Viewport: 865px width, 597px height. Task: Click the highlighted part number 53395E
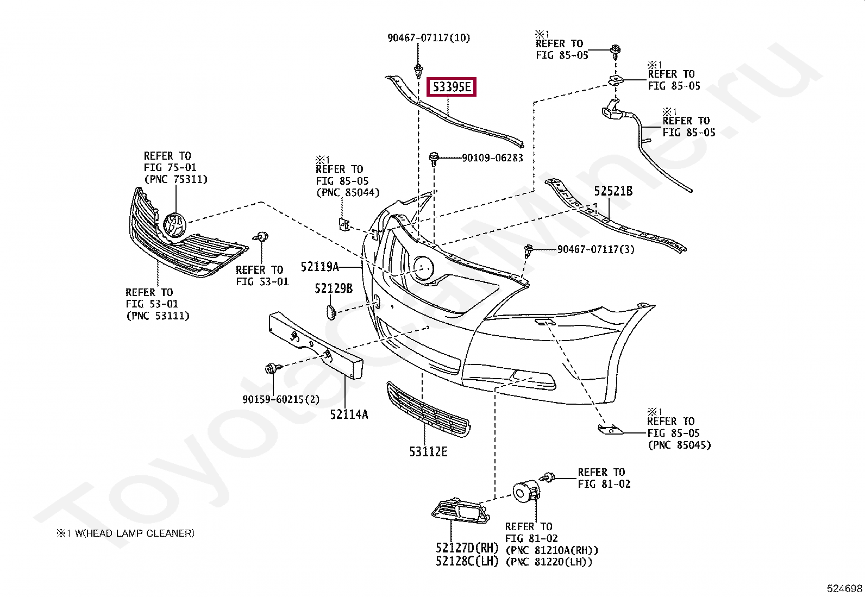[452, 87]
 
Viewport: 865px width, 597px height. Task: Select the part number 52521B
[613, 191]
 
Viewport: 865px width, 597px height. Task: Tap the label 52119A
[319, 267]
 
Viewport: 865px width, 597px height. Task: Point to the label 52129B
[334, 288]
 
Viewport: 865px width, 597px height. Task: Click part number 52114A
[349, 414]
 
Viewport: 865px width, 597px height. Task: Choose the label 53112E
[428, 451]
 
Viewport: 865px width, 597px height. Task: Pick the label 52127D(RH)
[467, 548]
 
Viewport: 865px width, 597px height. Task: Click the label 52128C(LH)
[467, 561]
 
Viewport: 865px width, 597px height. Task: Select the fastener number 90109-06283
[492, 158]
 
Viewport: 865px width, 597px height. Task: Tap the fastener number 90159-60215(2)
[281, 399]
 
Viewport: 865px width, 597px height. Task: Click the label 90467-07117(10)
[429, 38]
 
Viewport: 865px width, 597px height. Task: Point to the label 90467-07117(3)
[596, 249]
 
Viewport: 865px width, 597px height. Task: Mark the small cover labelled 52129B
[331, 312]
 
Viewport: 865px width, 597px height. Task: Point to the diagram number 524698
[844, 588]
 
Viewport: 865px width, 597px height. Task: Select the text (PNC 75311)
[175, 179]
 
